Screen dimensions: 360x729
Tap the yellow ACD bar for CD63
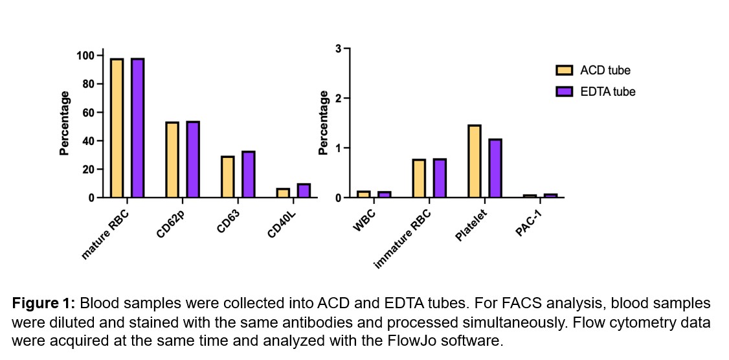(x=227, y=177)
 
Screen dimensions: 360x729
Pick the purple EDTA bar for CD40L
(x=304, y=190)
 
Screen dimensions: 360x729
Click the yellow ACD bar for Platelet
(x=475, y=161)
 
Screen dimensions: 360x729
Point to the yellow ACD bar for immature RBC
(x=419, y=178)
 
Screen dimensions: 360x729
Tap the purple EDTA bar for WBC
(x=385, y=194)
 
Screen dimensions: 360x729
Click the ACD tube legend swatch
(x=565, y=71)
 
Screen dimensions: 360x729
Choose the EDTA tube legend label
(x=608, y=92)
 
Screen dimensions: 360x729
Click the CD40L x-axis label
(x=281, y=223)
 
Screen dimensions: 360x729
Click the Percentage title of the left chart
(x=65, y=123)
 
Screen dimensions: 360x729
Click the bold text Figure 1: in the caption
(x=44, y=304)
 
